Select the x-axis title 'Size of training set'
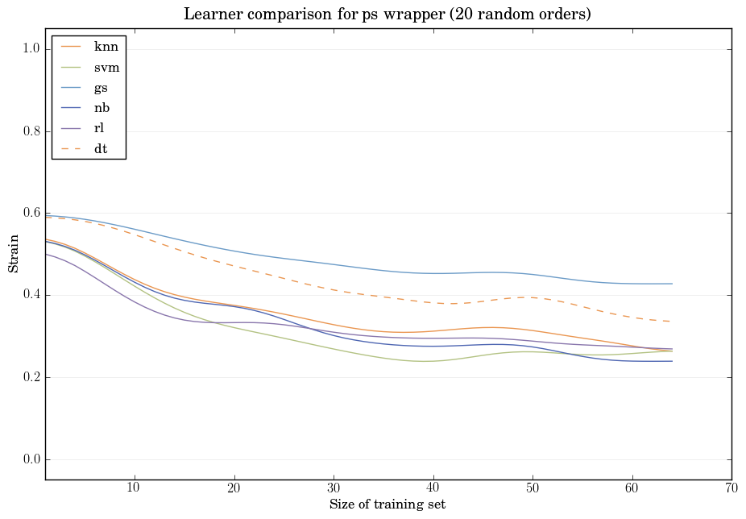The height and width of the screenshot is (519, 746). tap(388, 504)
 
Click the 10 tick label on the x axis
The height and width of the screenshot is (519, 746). tap(134, 488)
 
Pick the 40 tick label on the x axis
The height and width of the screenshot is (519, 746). tap(433, 488)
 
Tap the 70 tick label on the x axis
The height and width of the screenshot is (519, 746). tap(731, 488)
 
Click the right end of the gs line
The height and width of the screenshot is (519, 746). tap(672, 284)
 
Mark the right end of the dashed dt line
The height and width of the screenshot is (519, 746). tap(672, 322)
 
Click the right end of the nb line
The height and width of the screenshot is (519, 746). tap(672, 361)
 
